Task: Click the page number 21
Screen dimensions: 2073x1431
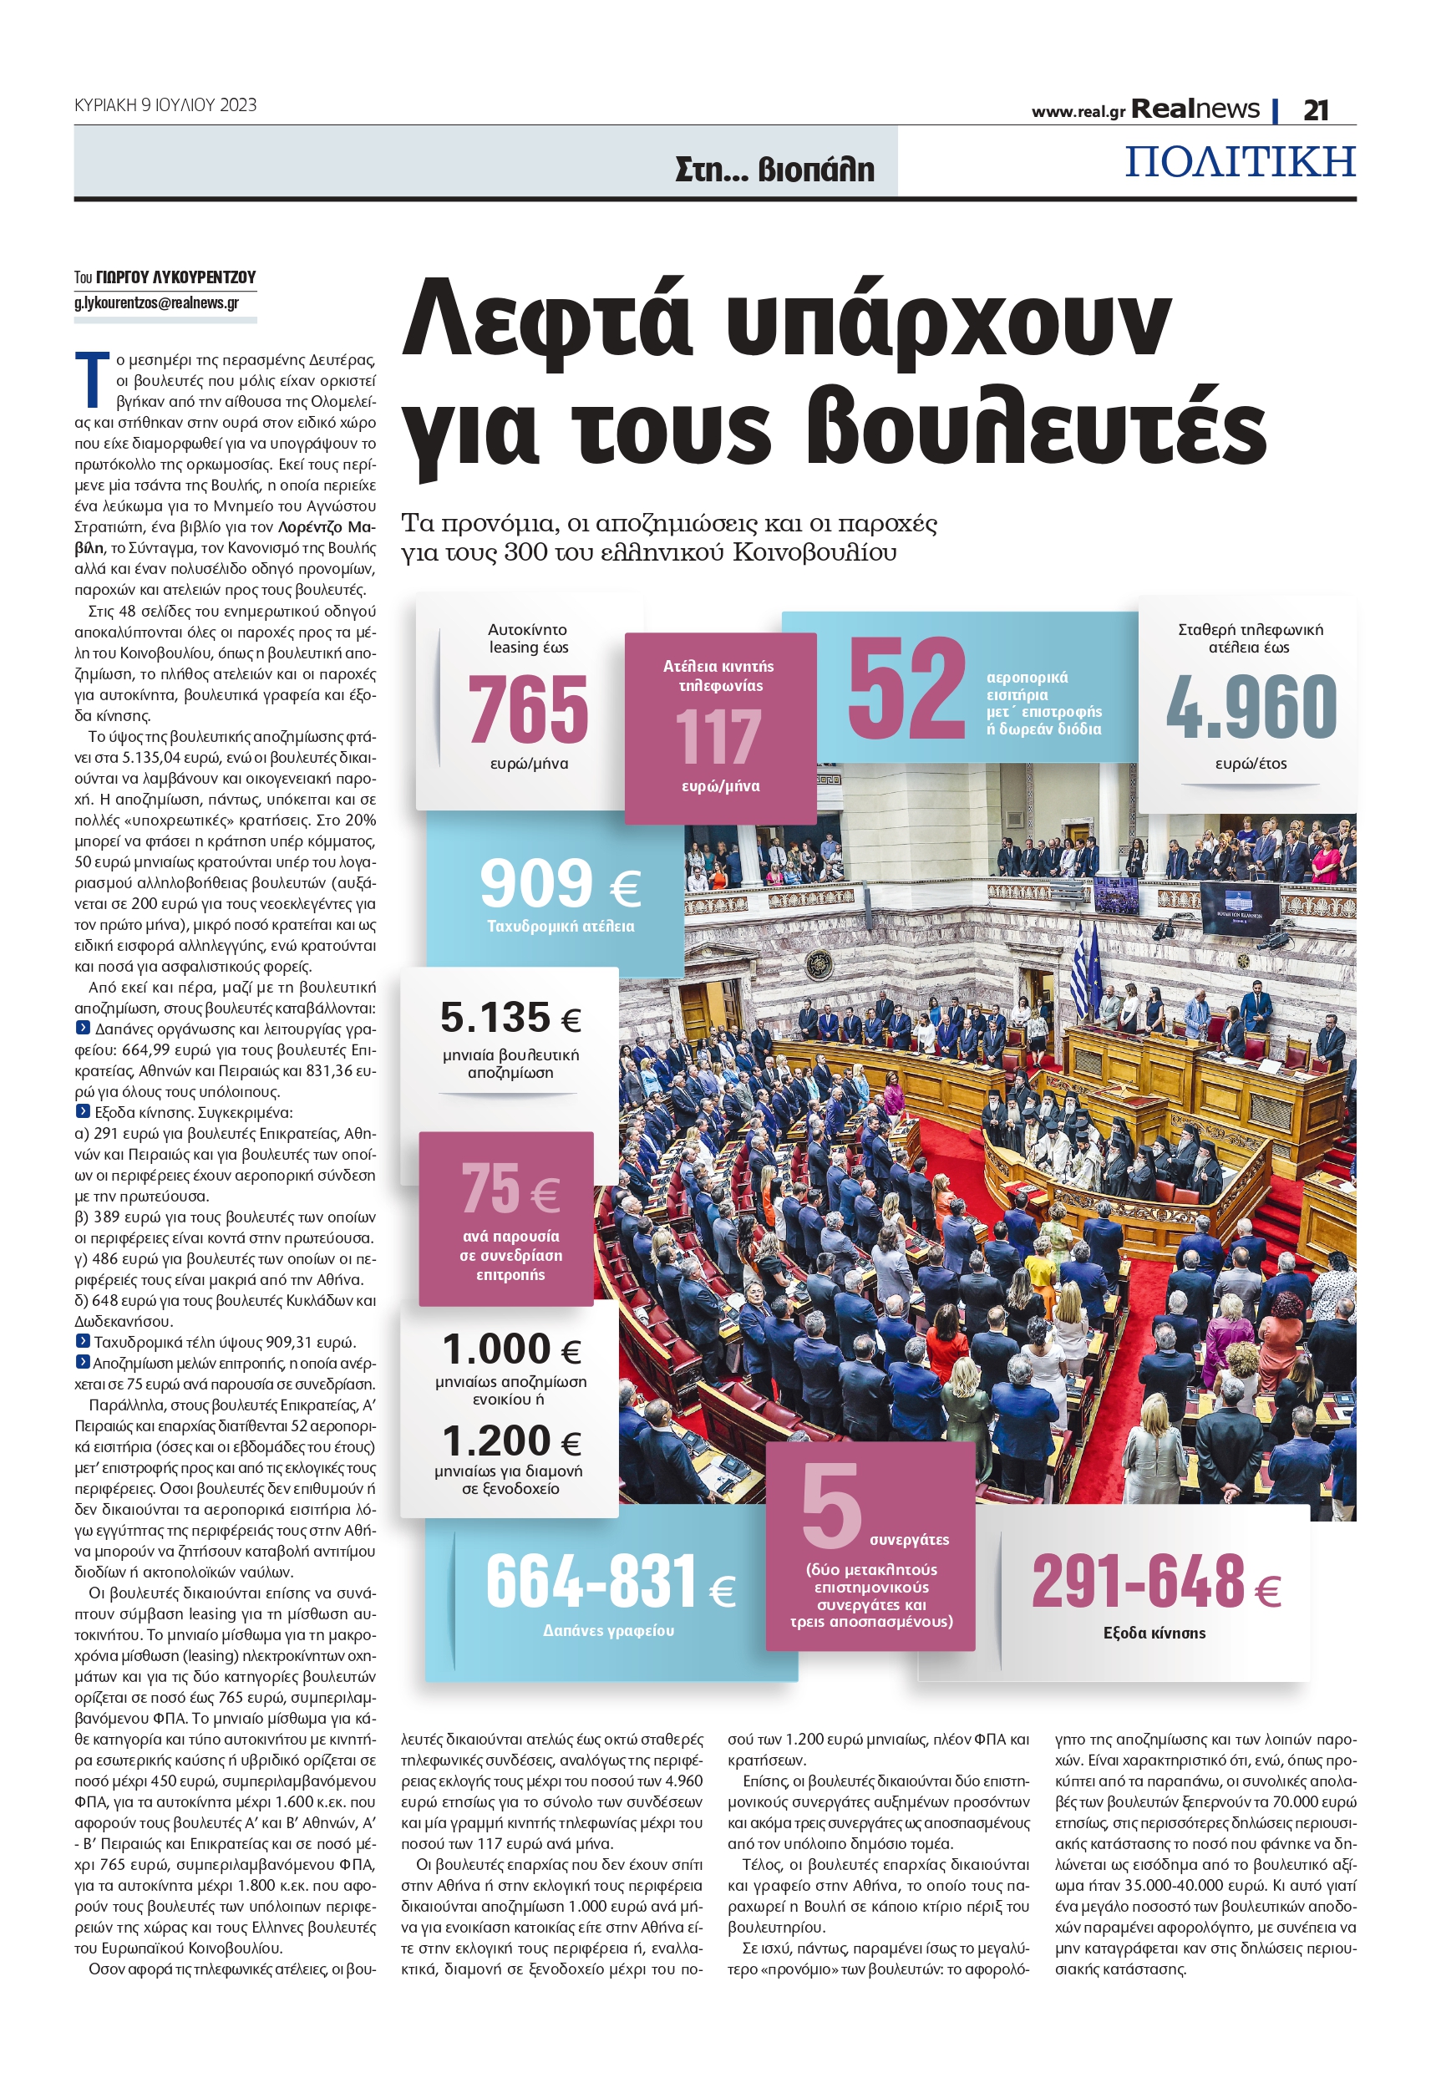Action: (x=1316, y=110)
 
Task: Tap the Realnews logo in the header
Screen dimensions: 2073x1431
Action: (x=1195, y=109)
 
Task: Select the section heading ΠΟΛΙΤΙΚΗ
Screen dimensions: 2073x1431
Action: (x=1239, y=161)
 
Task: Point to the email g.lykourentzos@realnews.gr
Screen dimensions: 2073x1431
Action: (x=157, y=303)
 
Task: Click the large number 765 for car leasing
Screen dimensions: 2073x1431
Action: (x=527, y=709)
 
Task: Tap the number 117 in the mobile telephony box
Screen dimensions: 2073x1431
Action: (x=719, y=736)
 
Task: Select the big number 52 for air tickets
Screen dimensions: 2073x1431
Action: (x=906, y=688)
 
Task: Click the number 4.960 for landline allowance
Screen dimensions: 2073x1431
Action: (x=1251, y=708)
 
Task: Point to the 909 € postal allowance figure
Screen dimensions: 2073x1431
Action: (x=560, y=884)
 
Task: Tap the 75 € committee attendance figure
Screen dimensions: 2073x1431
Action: (x=510, y=1189)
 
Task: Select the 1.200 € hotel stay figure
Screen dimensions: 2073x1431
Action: (x=511, y=1442)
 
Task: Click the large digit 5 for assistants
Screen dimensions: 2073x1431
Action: (x=830, y=1506)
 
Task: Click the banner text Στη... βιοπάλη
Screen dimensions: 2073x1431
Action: (x=774, y=169)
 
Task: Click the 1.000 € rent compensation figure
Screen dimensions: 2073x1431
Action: (x=511, y=1349)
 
